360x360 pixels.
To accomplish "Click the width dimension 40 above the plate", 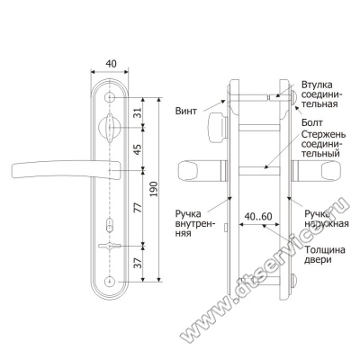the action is point(111,64).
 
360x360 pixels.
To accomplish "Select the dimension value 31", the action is point(137,112).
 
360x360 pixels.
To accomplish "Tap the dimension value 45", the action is point(137,149).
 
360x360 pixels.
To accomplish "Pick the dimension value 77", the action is point(137,208).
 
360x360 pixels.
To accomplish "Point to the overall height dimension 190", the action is point(154,189).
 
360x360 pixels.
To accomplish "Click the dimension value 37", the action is point(137,264).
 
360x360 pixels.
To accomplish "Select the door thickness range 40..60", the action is point(258,216).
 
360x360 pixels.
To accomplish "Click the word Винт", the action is point(186,112).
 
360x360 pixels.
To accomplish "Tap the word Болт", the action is point(312,122).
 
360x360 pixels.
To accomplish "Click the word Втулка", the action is point(317,85).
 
